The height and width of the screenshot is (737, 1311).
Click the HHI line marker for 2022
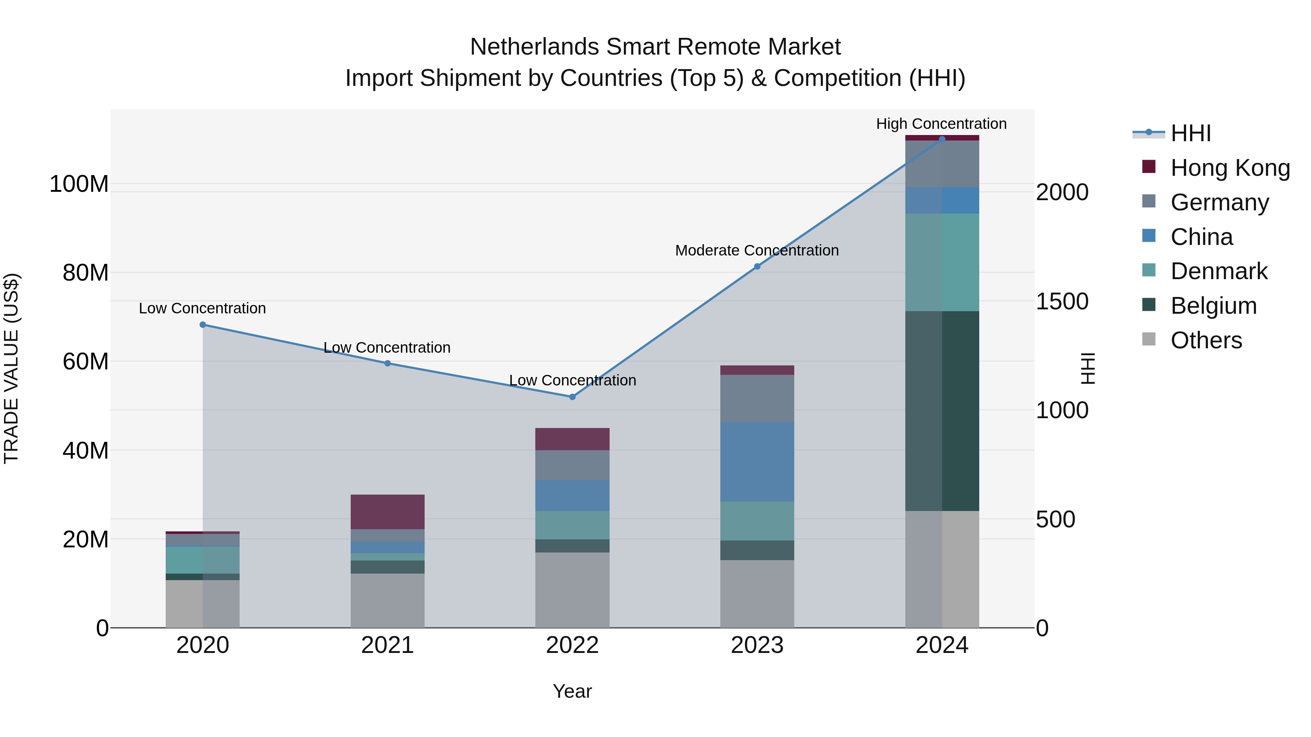(572, 397)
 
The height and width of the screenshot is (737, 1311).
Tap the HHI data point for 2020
(202, 325)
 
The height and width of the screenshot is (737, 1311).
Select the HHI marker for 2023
(757, 266)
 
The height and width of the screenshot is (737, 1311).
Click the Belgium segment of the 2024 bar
(942, 411)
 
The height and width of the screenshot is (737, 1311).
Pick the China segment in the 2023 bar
(757, 461)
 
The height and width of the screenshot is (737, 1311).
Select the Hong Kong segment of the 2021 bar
(387, 512)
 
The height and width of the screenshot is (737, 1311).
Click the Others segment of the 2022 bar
(572, 590)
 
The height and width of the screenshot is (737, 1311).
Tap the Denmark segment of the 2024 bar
(942, 262)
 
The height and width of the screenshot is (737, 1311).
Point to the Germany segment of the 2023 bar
(757, 398)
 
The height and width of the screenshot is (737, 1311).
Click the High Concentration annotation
(941, 124)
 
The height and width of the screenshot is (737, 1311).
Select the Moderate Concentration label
(757, 250)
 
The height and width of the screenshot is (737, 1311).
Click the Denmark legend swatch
(1149, 270)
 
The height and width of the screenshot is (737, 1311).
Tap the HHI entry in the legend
(1190, 133)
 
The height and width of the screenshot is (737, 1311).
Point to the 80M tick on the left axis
(86, 273)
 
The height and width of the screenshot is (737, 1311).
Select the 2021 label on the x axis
(387, 645)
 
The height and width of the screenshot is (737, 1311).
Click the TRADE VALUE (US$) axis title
(12, 368)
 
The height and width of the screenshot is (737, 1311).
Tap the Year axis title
(572, 691)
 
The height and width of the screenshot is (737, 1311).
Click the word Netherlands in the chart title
(534, 47)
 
